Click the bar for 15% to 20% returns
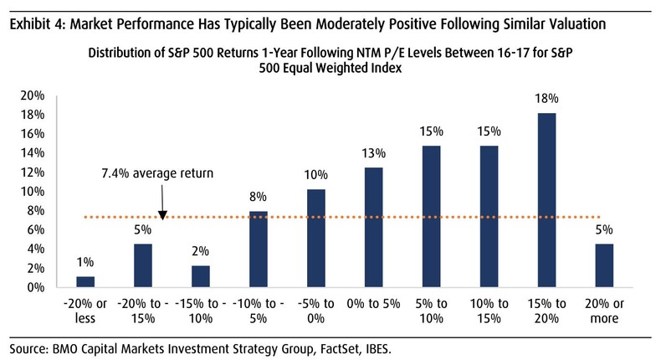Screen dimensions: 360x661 [546, 201]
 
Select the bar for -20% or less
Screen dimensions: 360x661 [85, 282]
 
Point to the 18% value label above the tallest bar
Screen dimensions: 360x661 [546, 99]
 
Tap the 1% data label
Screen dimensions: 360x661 [85, 262]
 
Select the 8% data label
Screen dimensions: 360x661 [258, 197]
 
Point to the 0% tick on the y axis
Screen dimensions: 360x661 [35, 287]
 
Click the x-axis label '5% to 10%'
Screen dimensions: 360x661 [430, 310]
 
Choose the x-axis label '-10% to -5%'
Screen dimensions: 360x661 [258, 310]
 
